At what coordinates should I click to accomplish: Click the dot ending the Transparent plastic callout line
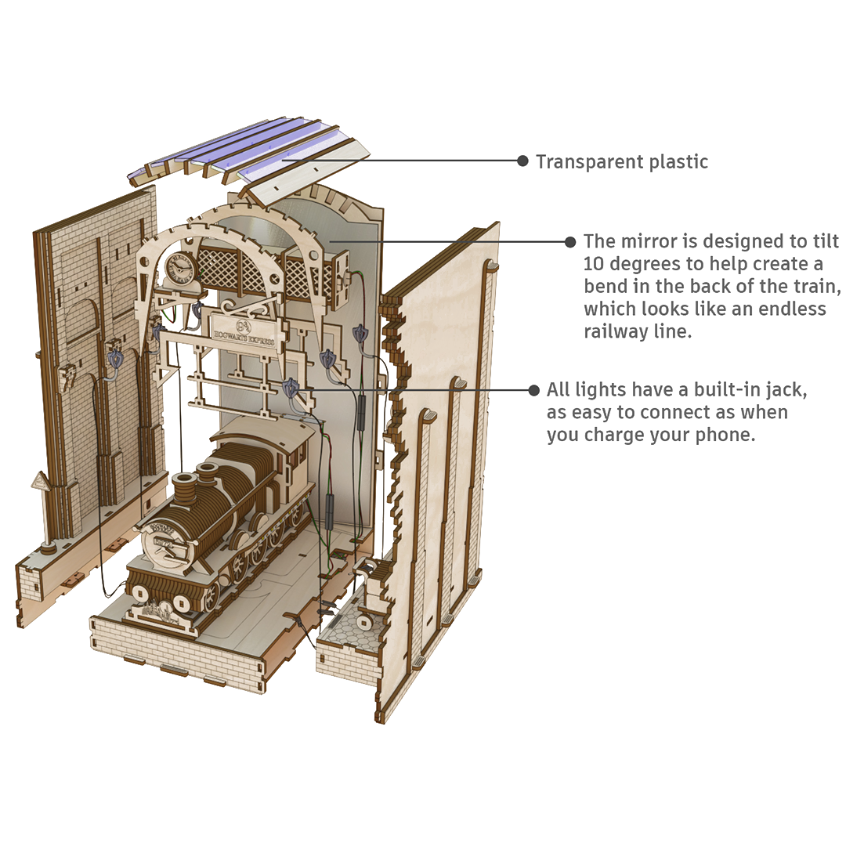coord(522,161)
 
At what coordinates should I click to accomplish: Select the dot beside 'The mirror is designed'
coord(570,242)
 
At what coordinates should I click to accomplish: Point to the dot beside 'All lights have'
coord(534,389)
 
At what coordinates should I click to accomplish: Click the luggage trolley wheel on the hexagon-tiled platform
coord(363,625)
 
